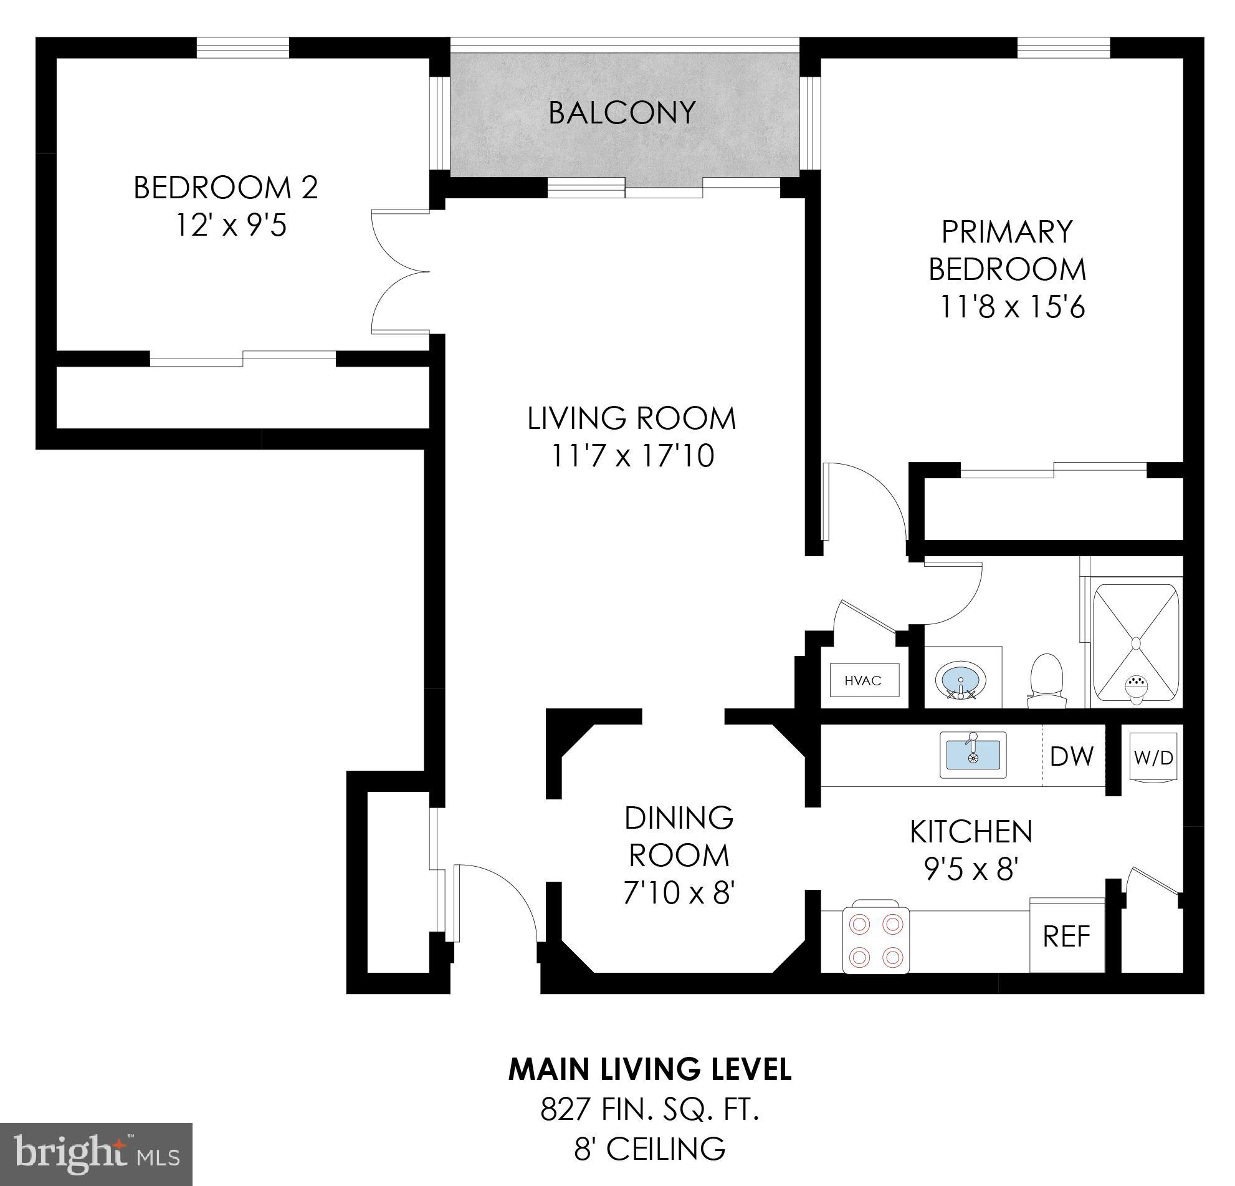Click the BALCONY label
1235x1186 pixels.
[622, 113]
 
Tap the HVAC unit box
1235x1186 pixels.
[863, 680]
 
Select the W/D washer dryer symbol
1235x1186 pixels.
[1153, 757]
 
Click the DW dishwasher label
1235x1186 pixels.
[1072, 756]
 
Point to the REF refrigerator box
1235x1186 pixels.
[1066, 937]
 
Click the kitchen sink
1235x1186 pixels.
[973, 755]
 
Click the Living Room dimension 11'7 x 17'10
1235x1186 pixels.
[632, 456]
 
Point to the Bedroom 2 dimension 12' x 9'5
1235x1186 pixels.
[231, 225]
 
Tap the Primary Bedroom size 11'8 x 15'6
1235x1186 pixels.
[1012, 307]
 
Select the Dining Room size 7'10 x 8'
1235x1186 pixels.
[679, 893]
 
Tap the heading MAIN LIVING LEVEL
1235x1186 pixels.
[650, 1069]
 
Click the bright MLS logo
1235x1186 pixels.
[96, 1154]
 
